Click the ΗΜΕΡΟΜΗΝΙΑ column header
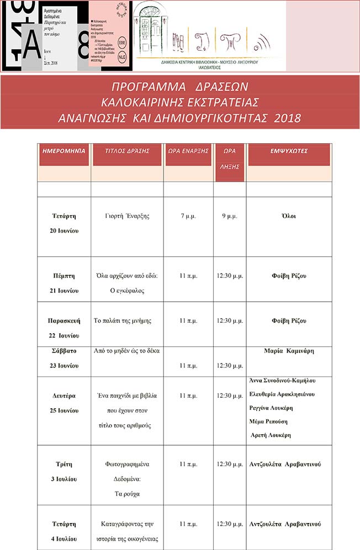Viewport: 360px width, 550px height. coord(63,150)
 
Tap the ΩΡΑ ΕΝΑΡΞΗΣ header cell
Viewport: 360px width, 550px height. coord(188,150)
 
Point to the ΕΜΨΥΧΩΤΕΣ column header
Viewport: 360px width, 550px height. coord(289,150)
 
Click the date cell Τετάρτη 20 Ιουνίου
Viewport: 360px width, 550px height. coord(63,223)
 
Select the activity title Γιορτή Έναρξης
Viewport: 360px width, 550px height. coord(126,216)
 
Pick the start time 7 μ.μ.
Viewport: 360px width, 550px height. coord(188,216)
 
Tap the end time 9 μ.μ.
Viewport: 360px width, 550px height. coord(230,216)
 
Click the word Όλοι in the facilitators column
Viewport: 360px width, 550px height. coord(289,216)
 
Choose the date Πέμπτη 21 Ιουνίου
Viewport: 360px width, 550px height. coord(63,282)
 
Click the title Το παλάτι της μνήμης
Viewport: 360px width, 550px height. coord(123,321)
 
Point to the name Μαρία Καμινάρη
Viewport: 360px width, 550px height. coord(289,351)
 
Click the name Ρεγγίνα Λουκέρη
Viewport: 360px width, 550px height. coord(271,408)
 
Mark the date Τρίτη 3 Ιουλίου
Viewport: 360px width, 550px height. coord(63,471)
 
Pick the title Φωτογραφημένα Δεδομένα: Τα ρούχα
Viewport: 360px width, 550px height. coord(126,479)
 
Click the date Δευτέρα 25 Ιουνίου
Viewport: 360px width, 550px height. coord(63,403)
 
